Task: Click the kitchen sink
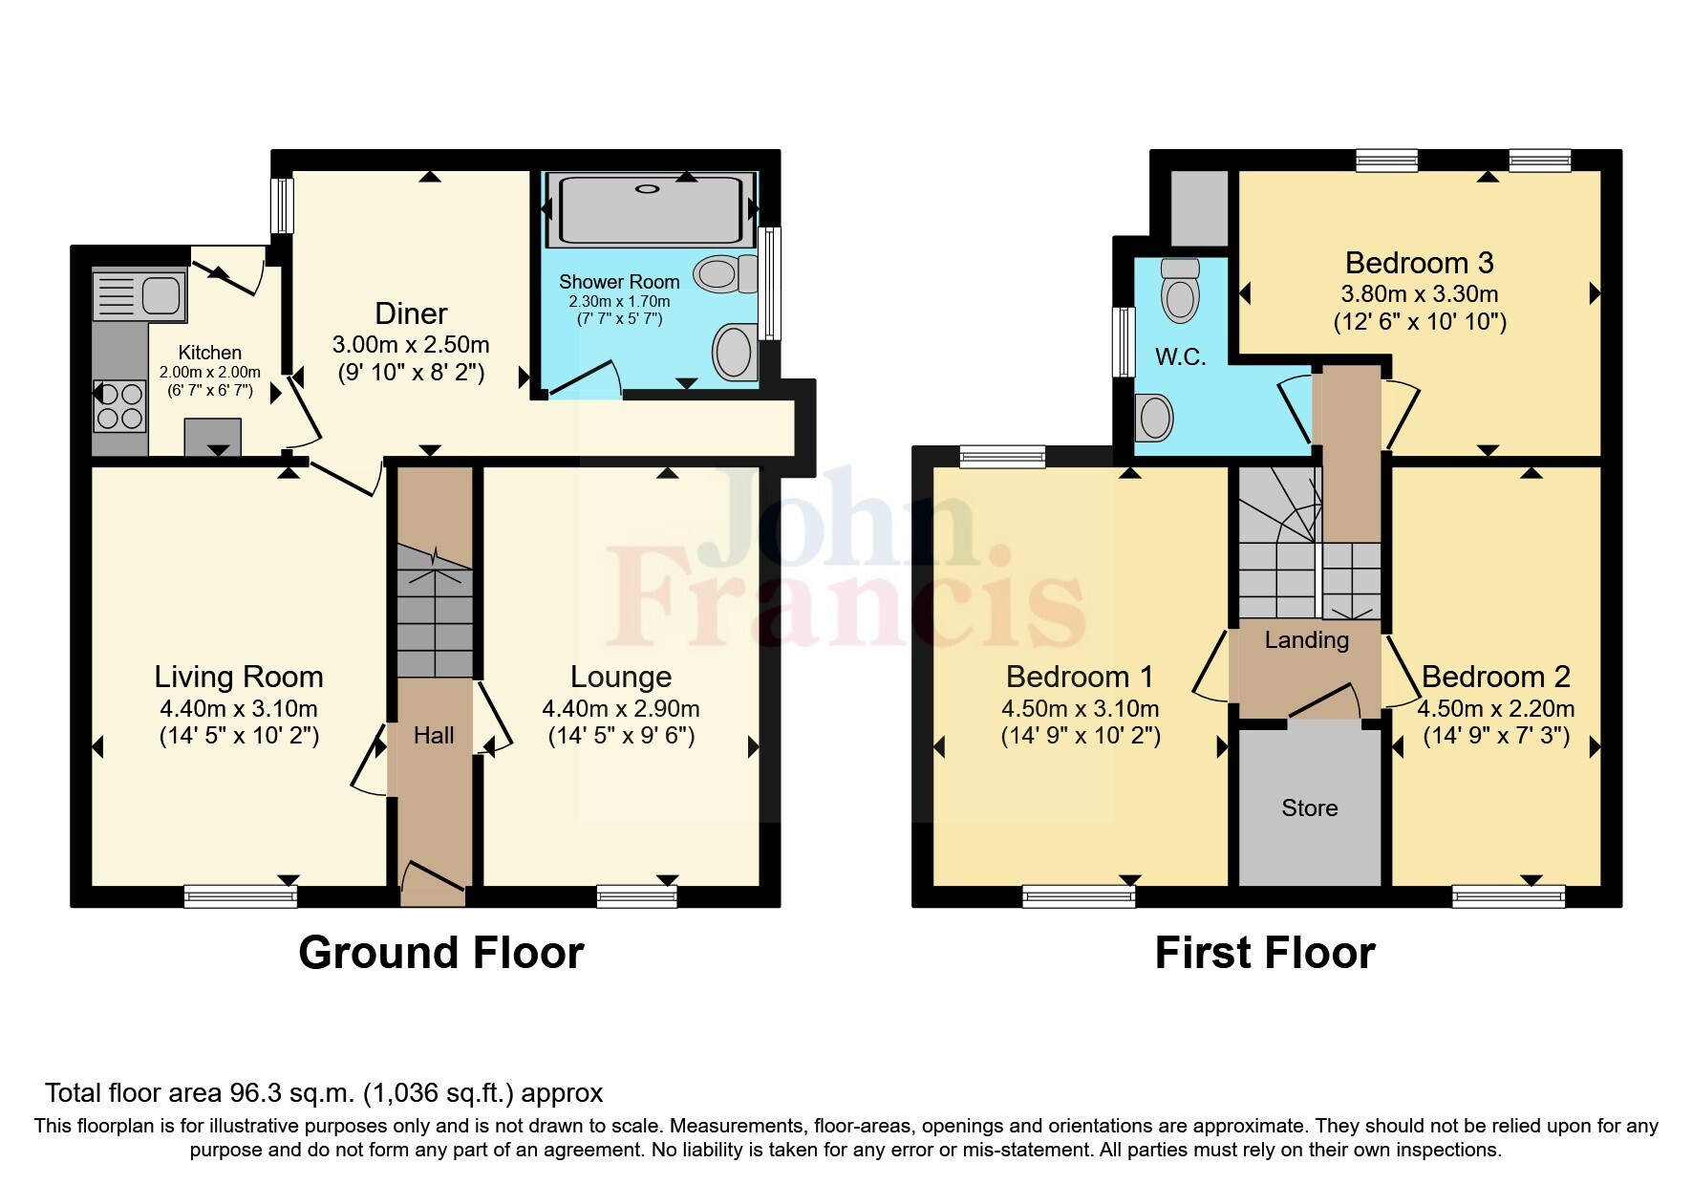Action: (x=139, y=294)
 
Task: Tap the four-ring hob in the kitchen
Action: (x=119, y=405)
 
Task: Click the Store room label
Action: (x=1309, y=808)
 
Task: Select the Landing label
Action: (x=1306, y=640)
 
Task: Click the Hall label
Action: (x=434, y=735)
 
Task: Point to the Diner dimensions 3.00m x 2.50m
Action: (x=411, y=344)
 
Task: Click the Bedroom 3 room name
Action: (x=1419, y=263)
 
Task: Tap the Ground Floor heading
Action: (x=440, y=953)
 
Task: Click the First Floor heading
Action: (x=1264, y=953)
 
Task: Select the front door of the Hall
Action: (x=433, y=881)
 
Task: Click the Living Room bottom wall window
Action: (x=241, y=895)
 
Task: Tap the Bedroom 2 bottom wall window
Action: (x=1508, y=895)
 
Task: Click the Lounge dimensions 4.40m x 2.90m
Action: (x=620, y=709)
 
